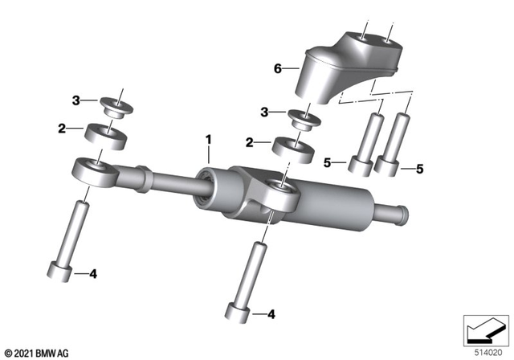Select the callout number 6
(x=278, y=70)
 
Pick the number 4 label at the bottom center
(x=271, y=313)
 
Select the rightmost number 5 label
(x=418, y=169)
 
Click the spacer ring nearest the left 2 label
(x=104, y=133)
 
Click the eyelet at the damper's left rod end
(x=92, y=171)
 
